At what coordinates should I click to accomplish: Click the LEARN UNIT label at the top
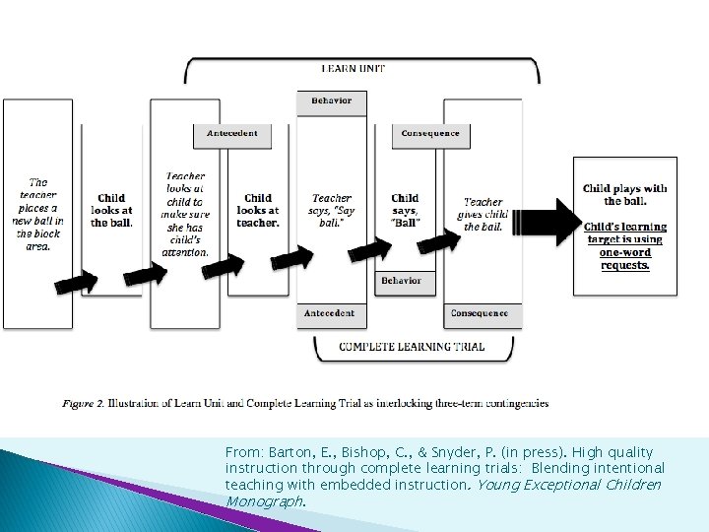[x=353, y=69]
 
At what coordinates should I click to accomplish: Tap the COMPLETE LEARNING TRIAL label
[x=414, y=346]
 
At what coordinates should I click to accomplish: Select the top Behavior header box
[x=331, y=101]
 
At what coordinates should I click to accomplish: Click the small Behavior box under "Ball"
[x=401, y=281]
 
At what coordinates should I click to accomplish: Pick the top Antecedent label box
[x=232, y=134]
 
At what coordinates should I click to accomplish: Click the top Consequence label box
[x=430, y=134]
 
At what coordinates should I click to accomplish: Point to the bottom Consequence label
[x=479, y=313]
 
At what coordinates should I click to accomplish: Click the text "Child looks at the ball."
[x=111, y=210]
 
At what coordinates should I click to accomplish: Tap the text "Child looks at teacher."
[x=257, y=210]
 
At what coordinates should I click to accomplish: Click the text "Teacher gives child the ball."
[x=483, y=214]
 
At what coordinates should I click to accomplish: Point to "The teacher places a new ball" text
[x=37, y=214]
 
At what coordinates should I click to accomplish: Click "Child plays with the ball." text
[x=625, y=194]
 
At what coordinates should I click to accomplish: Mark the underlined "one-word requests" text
[x=626, y=259]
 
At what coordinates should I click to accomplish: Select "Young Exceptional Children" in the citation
[x=590, y=485]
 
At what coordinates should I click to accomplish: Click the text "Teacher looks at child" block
[x=185, y=214]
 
